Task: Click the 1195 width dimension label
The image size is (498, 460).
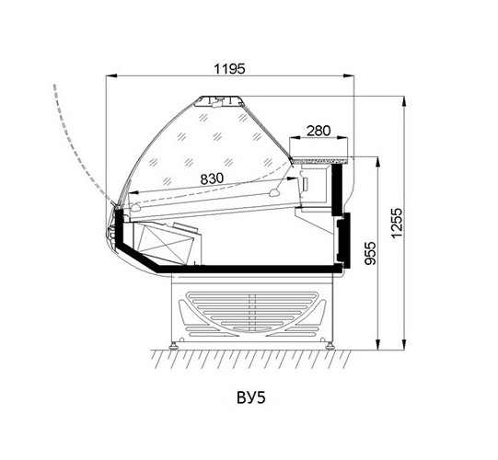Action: point(229,69)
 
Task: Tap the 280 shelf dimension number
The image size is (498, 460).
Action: point(318,131)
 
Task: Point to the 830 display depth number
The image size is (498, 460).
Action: point(212,178)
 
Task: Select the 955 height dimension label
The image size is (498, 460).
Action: point(370,253)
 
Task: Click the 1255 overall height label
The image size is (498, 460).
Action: point(397,223)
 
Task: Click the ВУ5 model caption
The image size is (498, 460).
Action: point(251,397)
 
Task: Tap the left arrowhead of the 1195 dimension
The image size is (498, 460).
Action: point(111,75)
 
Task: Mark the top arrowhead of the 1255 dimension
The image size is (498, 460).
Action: point(404,102)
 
